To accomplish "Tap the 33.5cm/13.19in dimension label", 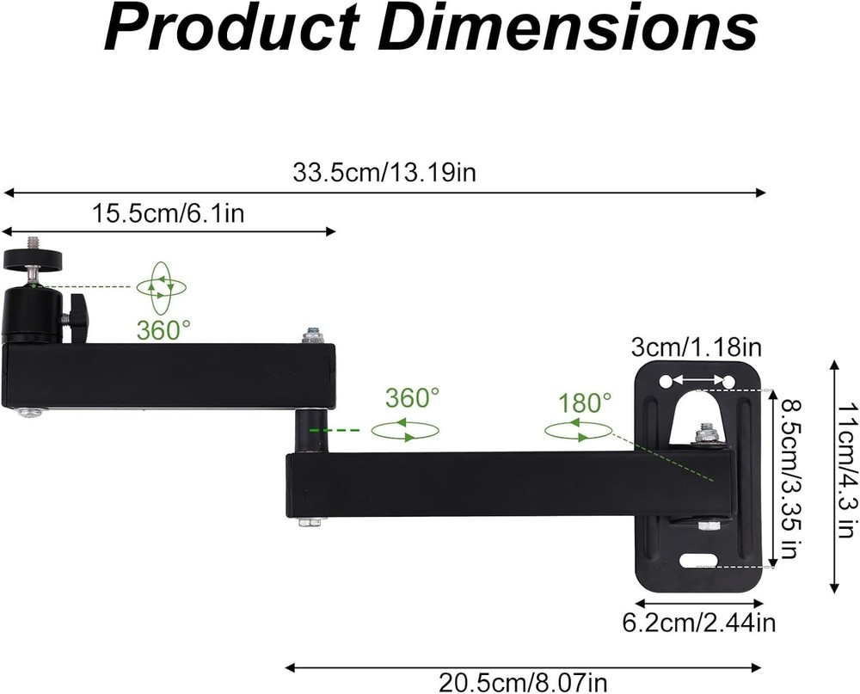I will [384, 173].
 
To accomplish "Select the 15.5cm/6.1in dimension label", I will [169, 212].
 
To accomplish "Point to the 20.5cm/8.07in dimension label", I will [523, 683].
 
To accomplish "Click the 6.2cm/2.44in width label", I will [699, 622].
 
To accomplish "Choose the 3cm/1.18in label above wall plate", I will [697, 347].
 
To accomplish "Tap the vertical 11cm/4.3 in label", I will [846, 477].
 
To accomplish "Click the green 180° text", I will [585, 402].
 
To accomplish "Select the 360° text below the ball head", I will [163, 329].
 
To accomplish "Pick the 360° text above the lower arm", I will [412, 398].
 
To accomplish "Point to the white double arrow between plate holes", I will [697, 380].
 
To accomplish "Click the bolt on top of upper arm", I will [313, 335].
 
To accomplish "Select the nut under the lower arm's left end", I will [310, 521].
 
